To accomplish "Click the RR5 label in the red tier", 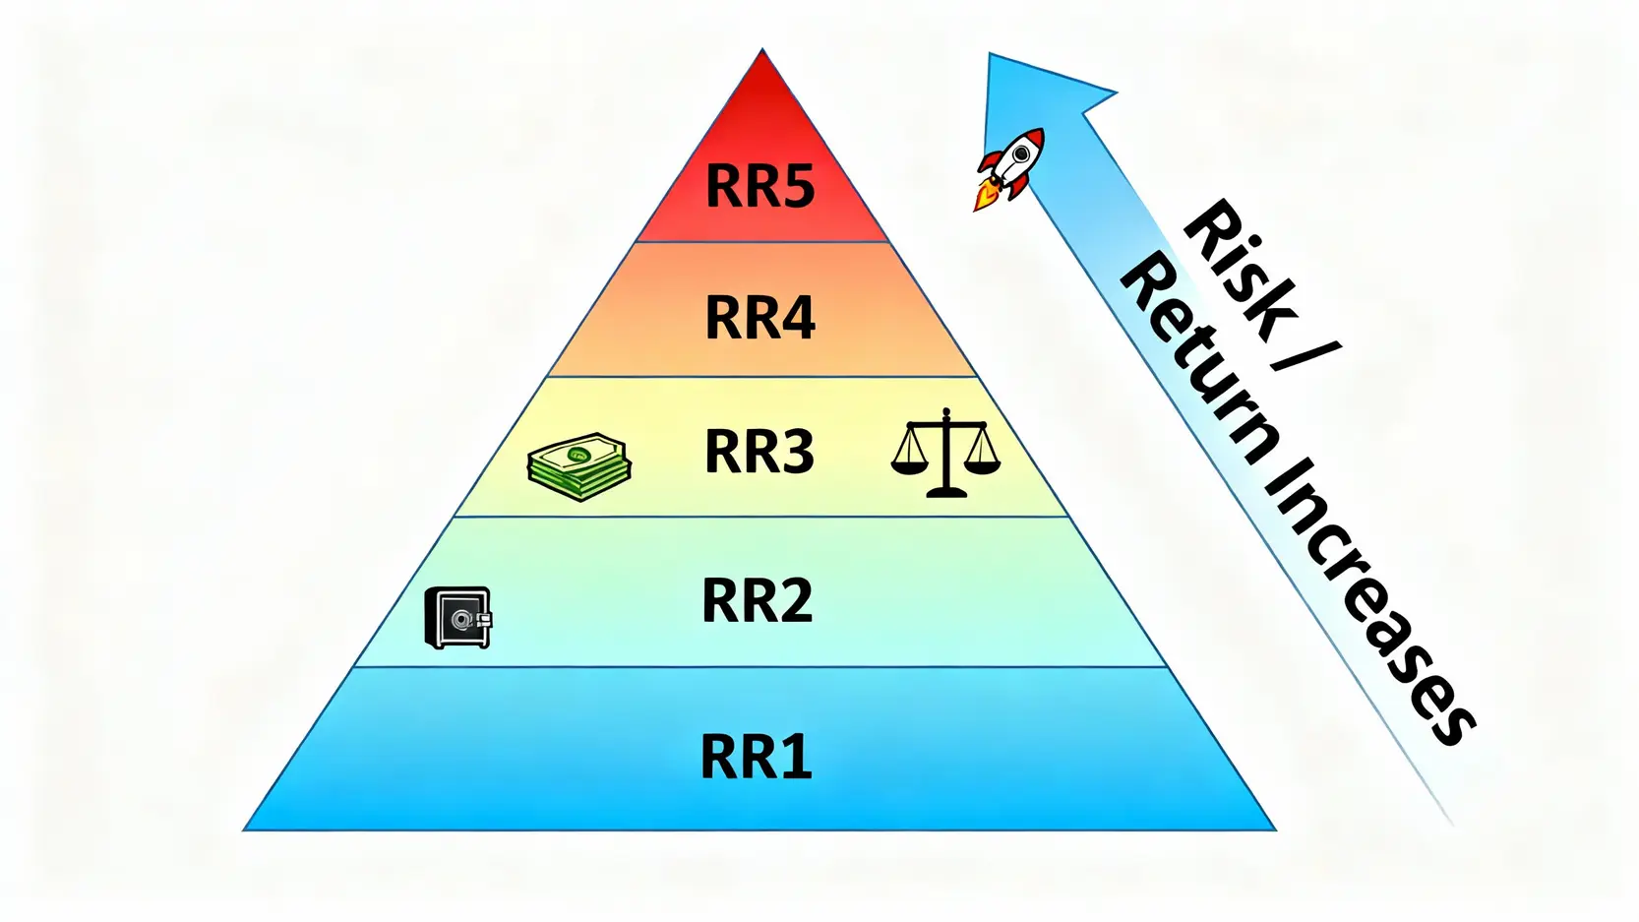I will coord(759,185).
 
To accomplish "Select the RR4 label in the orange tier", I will coord(759,318).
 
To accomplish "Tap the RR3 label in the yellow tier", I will coord(759,452).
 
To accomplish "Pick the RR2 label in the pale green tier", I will coord(757,600).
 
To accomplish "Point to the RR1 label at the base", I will coord(756,757).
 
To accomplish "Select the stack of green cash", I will coord(579,465).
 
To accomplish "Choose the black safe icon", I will coord(457,618).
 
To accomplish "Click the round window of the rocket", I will coord(1022,153).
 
